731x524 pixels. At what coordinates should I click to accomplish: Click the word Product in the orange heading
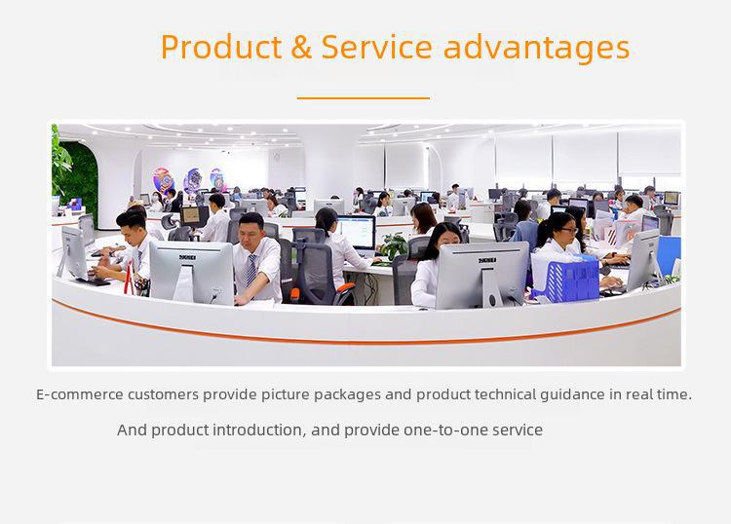[221, 47]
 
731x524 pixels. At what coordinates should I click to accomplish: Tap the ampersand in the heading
[301, 47]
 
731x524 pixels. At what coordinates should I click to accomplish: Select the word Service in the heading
[376, 47]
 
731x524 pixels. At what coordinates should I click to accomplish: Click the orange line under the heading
[364, 98]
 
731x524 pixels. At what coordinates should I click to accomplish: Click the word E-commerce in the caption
[80, 394]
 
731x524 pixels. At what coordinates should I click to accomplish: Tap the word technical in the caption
[505, 394]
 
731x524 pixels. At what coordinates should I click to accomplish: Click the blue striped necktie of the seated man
[250, 270]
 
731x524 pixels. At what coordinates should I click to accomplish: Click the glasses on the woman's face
[569, 230]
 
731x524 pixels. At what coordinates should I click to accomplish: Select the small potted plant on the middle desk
[395, 245]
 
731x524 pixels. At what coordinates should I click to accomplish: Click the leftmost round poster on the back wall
[163, 180]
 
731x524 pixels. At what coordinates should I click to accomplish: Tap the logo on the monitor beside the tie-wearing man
[188, 257]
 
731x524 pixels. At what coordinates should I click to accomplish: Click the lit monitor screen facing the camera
[357, 232]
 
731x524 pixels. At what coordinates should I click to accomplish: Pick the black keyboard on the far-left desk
[94, 281]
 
